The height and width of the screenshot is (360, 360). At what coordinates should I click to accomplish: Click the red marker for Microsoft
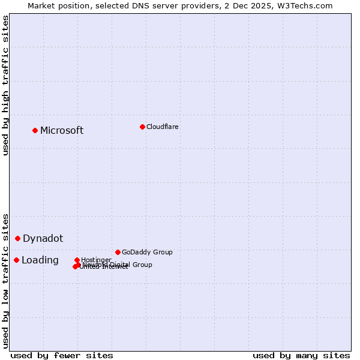35,130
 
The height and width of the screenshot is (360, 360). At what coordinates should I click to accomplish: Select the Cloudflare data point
142,127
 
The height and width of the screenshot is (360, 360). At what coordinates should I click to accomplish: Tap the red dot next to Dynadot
18,238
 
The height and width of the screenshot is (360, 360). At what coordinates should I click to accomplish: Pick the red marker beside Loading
16,260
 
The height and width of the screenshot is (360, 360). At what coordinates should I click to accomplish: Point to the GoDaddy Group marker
118,252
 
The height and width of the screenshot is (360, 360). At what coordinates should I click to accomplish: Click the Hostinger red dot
77,260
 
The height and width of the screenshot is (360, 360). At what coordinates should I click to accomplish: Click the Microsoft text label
62,131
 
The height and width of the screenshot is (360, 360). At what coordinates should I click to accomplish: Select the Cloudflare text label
163,127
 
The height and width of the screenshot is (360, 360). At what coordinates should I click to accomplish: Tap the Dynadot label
43,239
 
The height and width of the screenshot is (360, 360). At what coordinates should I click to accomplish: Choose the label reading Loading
40,260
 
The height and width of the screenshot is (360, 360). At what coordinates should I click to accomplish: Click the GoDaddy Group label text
147,253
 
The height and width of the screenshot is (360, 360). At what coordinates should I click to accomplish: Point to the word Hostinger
96,260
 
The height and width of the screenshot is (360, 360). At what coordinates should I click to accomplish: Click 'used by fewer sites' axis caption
62,355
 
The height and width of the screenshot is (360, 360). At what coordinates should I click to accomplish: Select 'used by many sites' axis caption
301,355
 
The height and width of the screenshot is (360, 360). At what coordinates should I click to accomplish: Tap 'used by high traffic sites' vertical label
5,85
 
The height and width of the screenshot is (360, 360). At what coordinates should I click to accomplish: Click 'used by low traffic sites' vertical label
5,280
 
